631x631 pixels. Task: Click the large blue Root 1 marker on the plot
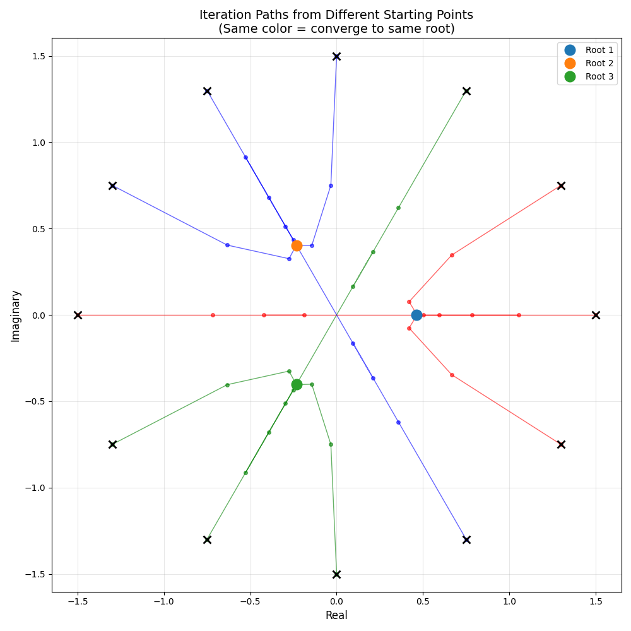pyautogui.click(x=416, y=315)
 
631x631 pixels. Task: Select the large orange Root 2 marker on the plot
pyautogui.click(x=297, y=245)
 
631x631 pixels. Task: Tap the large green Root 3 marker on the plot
pyautogui.click(x=297, y=384)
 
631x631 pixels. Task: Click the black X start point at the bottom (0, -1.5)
pyautogui.click(x=336, y=574)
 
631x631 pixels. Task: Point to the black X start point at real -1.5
pyautogui.click(x=78, y=315)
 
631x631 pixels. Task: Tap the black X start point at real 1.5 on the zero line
pyautogui.click(x=596, y=315)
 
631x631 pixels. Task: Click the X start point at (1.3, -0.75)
pyautogui.click(x=561, y=444)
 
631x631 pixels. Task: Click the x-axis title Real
pyautogui.click(x=336, y=615)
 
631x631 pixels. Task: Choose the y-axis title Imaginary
pyautogui.click(x=16, y=315)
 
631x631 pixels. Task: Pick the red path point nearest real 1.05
pyautogui.click(x=519, y=315)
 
